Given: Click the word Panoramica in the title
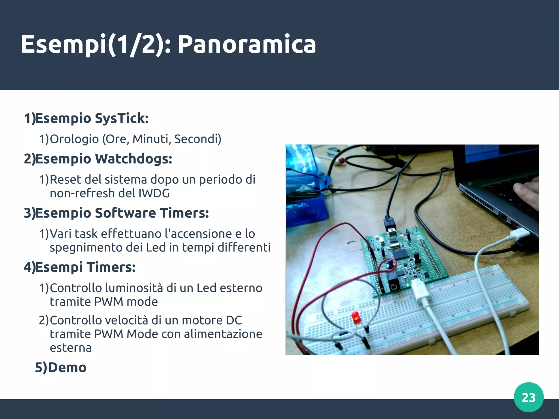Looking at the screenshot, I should [x=247, y=44].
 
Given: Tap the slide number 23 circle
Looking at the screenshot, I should [x=528, y=397].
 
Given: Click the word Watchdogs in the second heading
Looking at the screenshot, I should [x=133, y=159].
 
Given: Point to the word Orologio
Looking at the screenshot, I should [x=74, y=139].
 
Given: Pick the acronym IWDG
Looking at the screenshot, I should [x=154, y=193].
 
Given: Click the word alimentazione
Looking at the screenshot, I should [x=223, y=334].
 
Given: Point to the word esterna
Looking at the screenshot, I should [x=70, y=348].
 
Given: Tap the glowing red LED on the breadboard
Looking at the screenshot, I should [x=355, y=317].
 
